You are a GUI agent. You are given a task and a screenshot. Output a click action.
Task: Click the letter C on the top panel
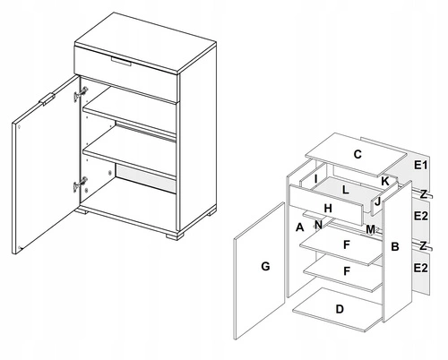coord(357,154)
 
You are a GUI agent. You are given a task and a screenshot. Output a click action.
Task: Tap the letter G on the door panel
coord(264,266)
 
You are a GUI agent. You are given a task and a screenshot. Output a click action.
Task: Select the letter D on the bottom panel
coord(339,309)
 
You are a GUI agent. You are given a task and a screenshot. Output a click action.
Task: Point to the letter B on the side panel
coord(395,246)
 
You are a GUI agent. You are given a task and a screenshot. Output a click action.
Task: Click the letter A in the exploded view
coord(299,227)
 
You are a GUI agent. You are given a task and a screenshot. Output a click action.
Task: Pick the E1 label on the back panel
coord(421,166)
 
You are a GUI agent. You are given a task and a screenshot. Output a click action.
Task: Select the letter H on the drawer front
coord(328,208)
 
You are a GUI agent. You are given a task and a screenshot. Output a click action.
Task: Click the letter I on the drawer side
coord(315,179)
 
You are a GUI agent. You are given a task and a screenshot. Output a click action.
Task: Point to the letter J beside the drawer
coord(378,201)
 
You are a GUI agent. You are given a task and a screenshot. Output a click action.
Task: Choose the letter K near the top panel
coord(384,181)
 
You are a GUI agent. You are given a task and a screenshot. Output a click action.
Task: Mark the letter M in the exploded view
coord(370,229)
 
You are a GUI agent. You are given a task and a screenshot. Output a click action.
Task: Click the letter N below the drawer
coord(318,224)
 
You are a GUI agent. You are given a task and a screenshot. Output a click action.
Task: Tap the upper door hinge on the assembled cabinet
coord(82,92)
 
